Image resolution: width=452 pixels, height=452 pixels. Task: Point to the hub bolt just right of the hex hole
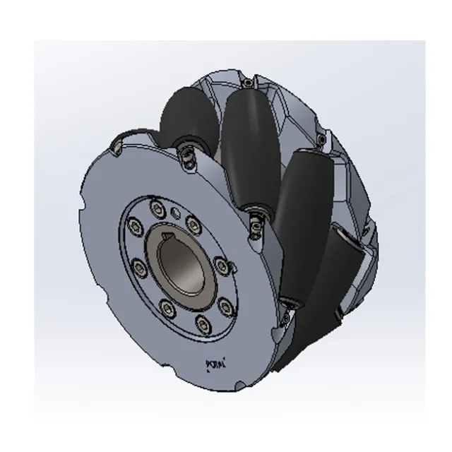click(x=192, y=225)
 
